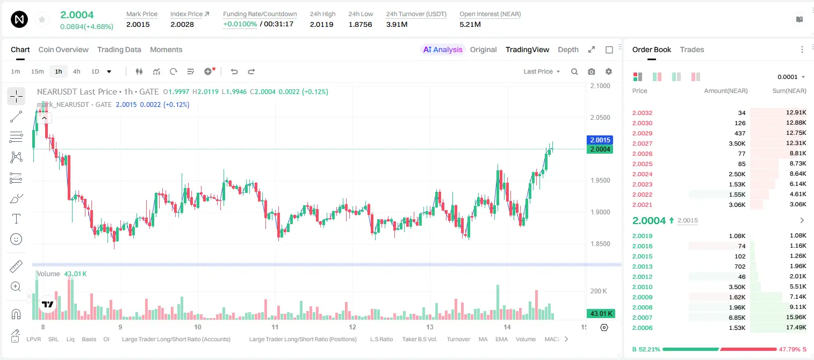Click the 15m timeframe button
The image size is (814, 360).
38,71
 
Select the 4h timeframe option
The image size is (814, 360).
76,71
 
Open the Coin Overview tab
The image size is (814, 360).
63,49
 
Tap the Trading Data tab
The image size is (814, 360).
119,49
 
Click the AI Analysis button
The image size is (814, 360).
443,49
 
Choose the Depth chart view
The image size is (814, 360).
568,49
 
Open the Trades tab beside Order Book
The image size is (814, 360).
692,49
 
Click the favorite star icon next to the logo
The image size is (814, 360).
42,19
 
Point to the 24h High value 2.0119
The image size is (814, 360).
322,24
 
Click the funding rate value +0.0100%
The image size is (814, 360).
240,24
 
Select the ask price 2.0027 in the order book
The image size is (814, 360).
642,143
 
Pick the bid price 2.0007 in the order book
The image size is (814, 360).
642,318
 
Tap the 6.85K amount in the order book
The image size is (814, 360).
737,318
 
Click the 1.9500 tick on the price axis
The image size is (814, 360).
600,181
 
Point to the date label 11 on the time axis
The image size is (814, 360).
275,327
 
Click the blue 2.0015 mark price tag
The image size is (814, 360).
600,140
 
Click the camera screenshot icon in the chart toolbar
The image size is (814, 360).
592,71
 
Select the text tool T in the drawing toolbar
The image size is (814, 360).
16,219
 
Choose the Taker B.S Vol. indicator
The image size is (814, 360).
420,339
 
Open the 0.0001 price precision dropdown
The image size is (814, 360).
791,77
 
